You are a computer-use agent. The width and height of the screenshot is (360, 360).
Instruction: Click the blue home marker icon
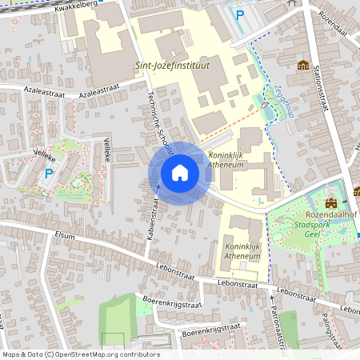180,173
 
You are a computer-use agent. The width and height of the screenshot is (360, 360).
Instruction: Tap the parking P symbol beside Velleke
49,173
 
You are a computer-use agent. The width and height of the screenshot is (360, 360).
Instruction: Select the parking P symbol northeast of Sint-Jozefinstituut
238,14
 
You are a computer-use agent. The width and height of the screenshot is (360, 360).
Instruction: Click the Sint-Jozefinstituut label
170,66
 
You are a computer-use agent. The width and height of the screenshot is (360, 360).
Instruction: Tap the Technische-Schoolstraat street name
159,128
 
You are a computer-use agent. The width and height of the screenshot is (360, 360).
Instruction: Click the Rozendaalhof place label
329,215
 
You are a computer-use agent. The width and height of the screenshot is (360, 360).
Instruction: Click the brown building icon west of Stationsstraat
303,66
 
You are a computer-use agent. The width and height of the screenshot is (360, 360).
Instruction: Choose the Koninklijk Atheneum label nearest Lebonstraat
242,252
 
